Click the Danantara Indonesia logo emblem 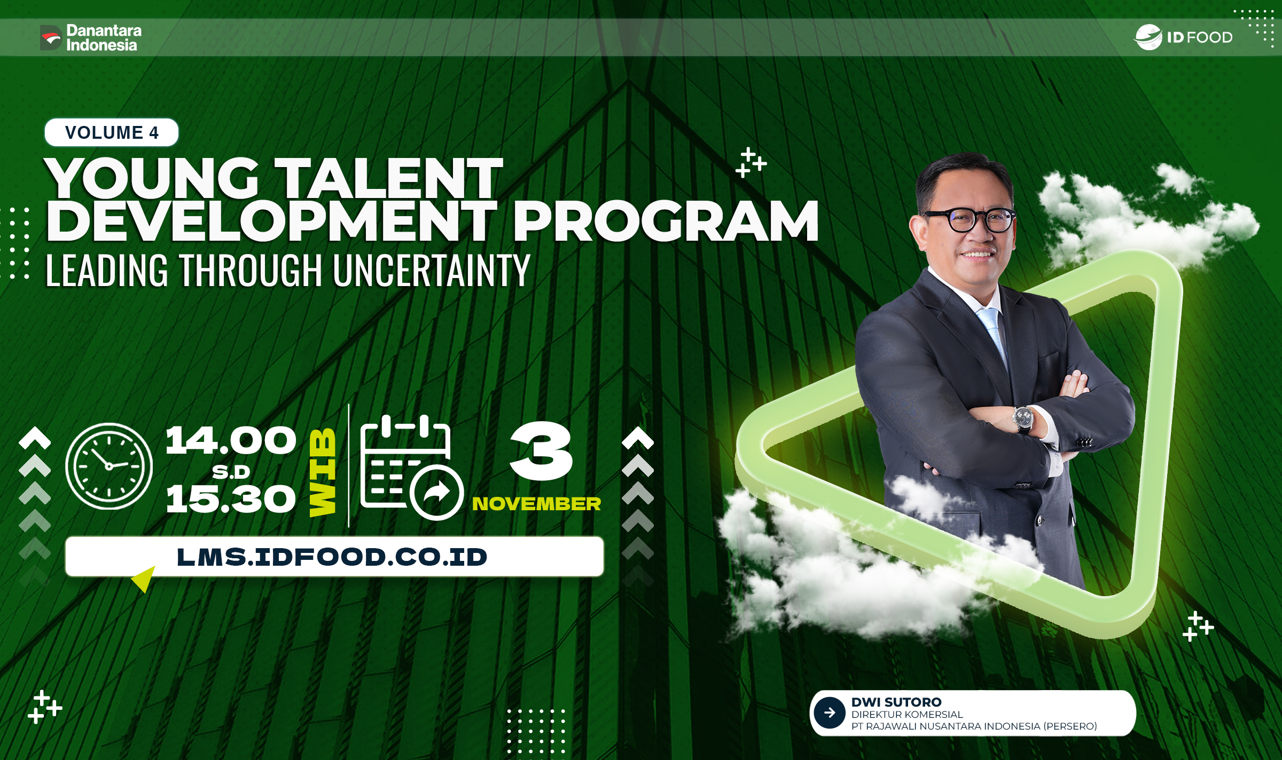pyautogui.click(x=51, y=37)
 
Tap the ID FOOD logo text pyautogui.click(x=1199, y=37)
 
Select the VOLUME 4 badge pyautogui.click(x=112, y=132)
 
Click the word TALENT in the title pyautogui.click(x=391, y=178)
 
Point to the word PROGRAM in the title pyautogui.click(x=666, y=221)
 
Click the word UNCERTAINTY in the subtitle pyautogui.click(x=432, y=271)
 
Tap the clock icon pyautogui.click(x=109, y=465)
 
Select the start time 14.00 pyautogui.click(x=231, y=441)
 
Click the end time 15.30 pyautogui.click(x=231, y=499)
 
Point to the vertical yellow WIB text pyautogui.click(x=323, y=472)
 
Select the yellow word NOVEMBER pyautogui.click(x=536, y=504)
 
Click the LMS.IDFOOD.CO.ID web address pyautogui.click(x=332, y=557)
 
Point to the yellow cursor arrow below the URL pyautogui.click(x=144, y=579)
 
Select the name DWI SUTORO pyautogui.click(x=896, y=702)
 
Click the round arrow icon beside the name pyautogui.click(x=830, y=712)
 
